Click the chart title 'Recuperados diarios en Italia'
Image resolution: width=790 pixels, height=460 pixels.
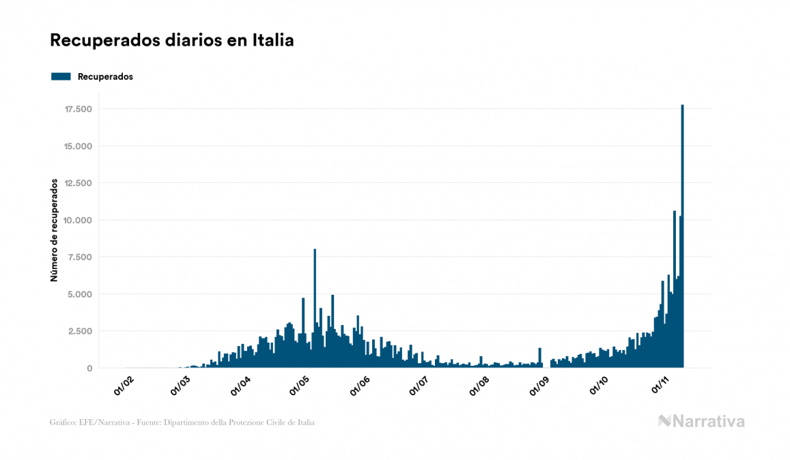point(172,40)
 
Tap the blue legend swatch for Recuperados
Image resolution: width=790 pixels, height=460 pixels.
point(61,76)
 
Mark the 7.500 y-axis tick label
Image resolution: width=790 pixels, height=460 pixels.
point(80,257)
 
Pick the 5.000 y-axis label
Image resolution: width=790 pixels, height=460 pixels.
point(80,294)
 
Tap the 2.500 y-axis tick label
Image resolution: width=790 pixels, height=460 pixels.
point(80,331)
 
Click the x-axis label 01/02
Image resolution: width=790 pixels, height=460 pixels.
point(124,386)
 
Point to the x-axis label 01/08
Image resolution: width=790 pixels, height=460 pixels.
point(480,386)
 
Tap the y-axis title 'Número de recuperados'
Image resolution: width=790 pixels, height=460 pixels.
point(53,230)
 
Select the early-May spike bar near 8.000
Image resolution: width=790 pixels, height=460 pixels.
point(315,307)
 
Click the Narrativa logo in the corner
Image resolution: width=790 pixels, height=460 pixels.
point(701,421)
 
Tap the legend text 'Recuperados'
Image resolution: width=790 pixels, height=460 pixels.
point(105,76)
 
